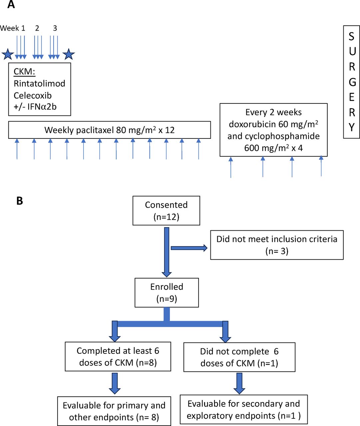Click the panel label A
coord(11,5)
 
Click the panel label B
coord(20,201)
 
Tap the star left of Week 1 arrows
coord(8,54)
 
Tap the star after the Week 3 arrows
coord(69,54)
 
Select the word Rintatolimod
coord(39,84)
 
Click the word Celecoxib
coord(33,96)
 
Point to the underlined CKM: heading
coord(24,72)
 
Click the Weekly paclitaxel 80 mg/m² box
coord(109,130)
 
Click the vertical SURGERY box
coord(351,82)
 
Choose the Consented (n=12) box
coord(166,211)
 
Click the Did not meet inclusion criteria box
coord(277,245)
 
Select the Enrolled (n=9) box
coord(167,293)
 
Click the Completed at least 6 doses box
coord(118,356)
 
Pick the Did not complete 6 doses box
coord(239,357)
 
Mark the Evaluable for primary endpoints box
coord(114,411)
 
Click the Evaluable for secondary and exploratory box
coord(243,409)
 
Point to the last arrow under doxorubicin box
coord(321,166)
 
